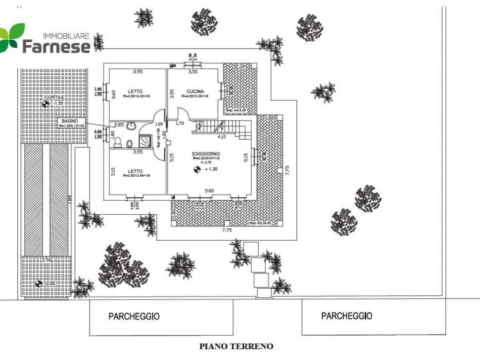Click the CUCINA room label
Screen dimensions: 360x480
coord(194,91)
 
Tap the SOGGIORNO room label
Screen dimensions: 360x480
coord(206,154)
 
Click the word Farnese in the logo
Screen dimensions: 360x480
coord(56,46)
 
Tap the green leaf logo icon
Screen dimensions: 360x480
coord(12,37)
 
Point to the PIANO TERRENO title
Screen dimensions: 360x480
coord(236,347)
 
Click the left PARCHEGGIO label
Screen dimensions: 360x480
coord(134,316)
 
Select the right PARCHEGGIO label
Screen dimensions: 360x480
coord(346,316)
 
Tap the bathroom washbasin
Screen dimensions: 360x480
coord(131,126)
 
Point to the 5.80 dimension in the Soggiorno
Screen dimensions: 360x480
coord(209,191)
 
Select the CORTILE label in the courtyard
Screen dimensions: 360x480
coord(50,97)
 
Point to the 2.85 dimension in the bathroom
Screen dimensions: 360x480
coord(119,125)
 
